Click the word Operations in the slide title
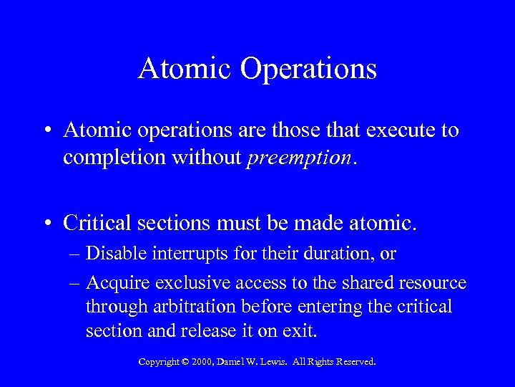(309, 69)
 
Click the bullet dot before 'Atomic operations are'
(47, 131)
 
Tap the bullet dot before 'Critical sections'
(47, 224)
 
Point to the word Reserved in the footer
(354, 362)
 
